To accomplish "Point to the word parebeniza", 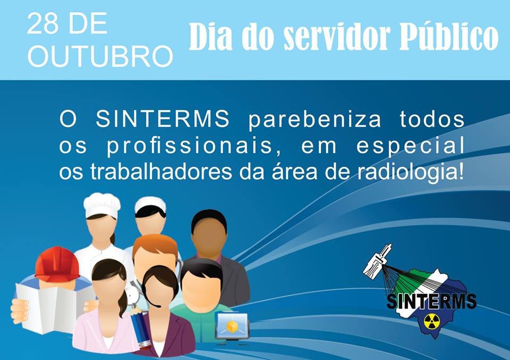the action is click(315, 120).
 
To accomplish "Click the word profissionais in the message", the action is click(190, 146).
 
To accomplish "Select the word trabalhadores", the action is click(161, 172).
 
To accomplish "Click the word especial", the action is click(411, 146).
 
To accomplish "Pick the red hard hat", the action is click(57, 264).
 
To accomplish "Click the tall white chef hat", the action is click(102, 205).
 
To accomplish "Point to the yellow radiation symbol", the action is click(431, 321).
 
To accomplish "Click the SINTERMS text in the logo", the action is click(431, 301).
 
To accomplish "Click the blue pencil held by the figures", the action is click(140, 328).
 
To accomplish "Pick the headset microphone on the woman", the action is click(152, 301).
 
